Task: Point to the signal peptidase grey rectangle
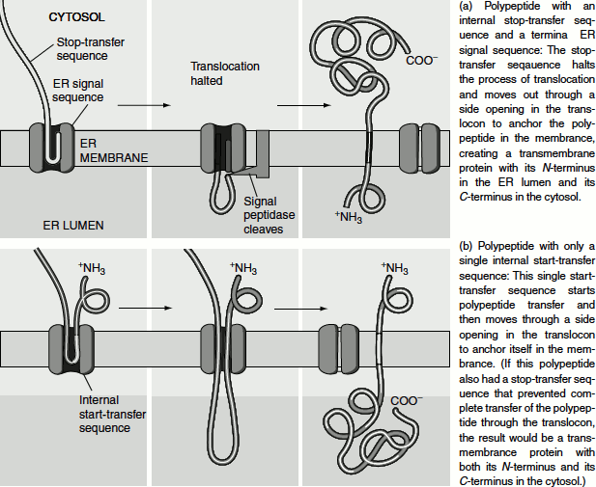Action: [x=262, y=151]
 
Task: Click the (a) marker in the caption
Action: [x=463, y=7]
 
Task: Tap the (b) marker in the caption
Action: [x=463, y=247]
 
